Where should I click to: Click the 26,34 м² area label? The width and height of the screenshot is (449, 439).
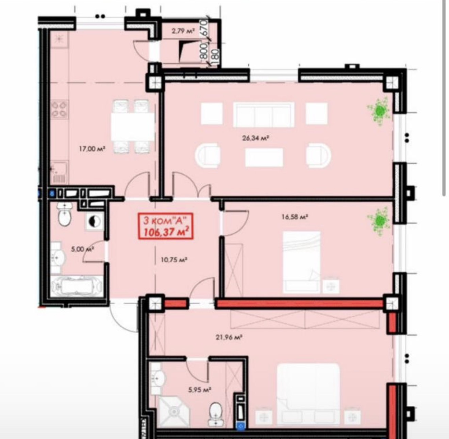pos(256,138)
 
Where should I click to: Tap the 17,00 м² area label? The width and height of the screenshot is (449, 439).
pos(92,149)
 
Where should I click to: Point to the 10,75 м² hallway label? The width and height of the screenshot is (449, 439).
pos(174,260)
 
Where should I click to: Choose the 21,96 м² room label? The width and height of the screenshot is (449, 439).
pos(229,338)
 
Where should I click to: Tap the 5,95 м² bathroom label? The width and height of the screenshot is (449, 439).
pos(200,390)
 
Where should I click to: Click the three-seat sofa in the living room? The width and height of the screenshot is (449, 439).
pos(264,115)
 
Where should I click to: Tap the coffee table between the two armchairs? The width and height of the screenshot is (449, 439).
pos(264,157)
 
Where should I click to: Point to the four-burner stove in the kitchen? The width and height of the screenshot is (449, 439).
pos(60,109)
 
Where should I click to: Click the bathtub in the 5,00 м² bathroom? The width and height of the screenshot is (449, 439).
pos(77,287)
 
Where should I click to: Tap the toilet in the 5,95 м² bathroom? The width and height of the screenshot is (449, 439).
pos(216,414)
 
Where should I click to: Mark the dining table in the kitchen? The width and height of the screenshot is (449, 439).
pos(133,126)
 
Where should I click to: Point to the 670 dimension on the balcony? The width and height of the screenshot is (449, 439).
pos(204,28)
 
